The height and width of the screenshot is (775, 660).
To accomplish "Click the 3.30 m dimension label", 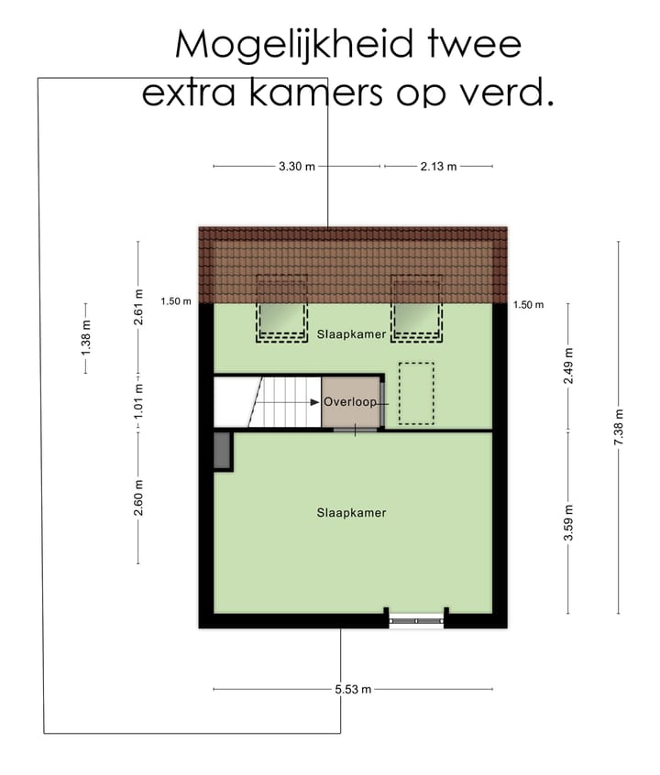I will coord(296,167).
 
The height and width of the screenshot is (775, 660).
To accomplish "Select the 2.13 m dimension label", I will coord(438,167).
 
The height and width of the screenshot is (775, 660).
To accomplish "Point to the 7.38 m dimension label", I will coord(619,428).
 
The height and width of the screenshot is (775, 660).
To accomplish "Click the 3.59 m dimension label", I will coord(568,523).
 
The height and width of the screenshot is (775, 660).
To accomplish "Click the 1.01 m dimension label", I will coord(138,400).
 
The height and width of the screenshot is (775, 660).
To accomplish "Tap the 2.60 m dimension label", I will coord(138,497).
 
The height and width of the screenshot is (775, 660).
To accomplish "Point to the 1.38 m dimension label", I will coord(87,339).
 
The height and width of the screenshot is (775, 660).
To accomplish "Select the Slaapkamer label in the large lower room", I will coord(351,513).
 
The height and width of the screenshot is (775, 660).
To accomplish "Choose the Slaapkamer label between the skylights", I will coord(351,336).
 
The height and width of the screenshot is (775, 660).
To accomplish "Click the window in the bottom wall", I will coord(416,619).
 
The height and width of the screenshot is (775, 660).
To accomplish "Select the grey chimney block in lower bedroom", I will coord(222,451).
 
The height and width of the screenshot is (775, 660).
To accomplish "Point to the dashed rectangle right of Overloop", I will coord(416,393).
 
